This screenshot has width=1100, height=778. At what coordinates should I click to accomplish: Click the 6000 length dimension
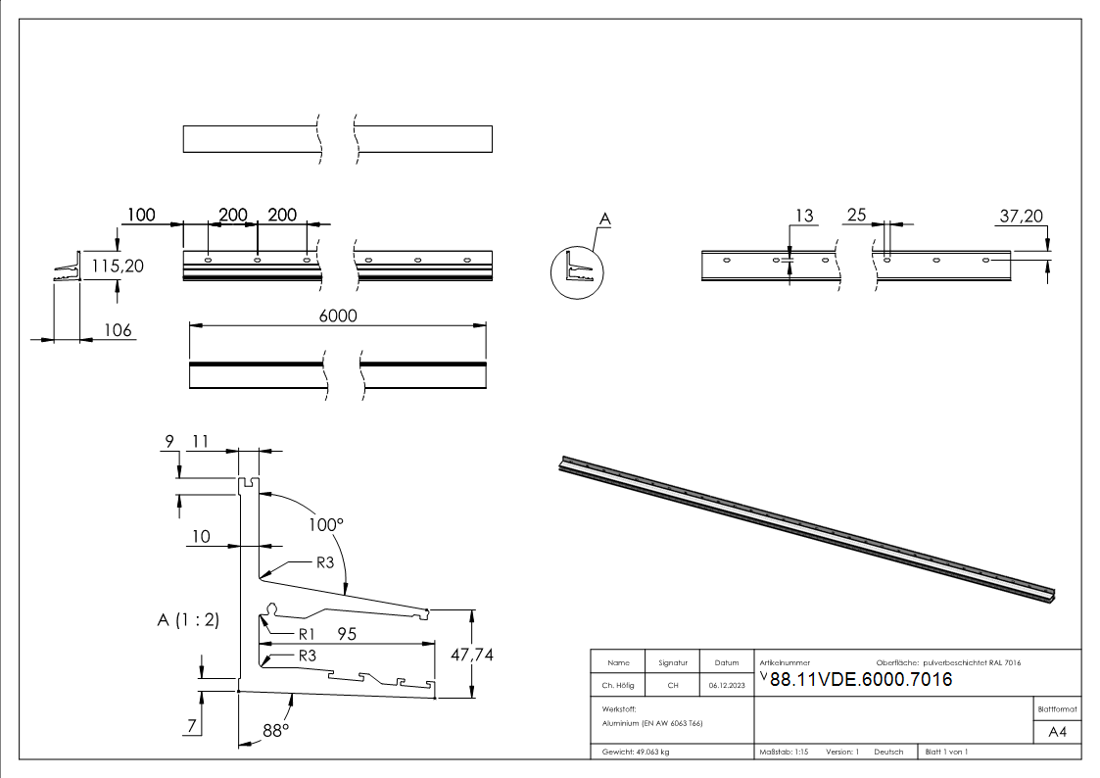[x=337, y=316]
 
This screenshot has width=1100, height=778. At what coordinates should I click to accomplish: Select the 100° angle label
[x=326, y=525]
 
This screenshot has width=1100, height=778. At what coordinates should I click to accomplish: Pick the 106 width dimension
[x=118, y=330]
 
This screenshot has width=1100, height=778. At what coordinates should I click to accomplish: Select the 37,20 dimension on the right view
[x=1021, y=216]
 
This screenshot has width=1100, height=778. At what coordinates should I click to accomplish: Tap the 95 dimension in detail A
[x=347, y=634]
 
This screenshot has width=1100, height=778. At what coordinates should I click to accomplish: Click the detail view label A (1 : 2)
[x=188, y=619]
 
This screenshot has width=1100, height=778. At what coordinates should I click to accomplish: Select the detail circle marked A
[x=576, y=271]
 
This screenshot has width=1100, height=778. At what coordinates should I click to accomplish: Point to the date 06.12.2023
[x=727, y=686]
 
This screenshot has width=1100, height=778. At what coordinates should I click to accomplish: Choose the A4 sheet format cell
[x=1057, y=732]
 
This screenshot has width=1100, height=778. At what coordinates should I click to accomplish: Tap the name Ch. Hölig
[x=618, y=686]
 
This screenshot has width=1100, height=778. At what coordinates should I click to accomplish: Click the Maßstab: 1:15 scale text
[x=784, y=752]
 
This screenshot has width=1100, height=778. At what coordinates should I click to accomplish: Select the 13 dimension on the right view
[x=803, y=217]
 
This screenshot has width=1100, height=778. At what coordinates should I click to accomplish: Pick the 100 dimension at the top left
[x=140, y=215]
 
